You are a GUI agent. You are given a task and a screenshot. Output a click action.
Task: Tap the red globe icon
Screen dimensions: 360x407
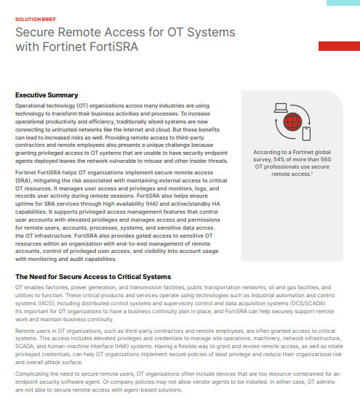pyautogui.click(x=294, y=121)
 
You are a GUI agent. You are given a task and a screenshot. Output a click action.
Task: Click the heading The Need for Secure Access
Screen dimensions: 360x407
pyautogui.click(x=93, y=277)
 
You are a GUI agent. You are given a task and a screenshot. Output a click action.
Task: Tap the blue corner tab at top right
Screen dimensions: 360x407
pyautogui.click(x=342, y=4)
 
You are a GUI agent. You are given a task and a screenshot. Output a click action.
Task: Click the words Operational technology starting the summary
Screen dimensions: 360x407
pyautogui.click(x=50, y=106)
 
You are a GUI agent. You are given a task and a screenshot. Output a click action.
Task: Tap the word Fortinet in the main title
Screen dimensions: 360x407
pyautogui.click(x=74, y=47)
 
